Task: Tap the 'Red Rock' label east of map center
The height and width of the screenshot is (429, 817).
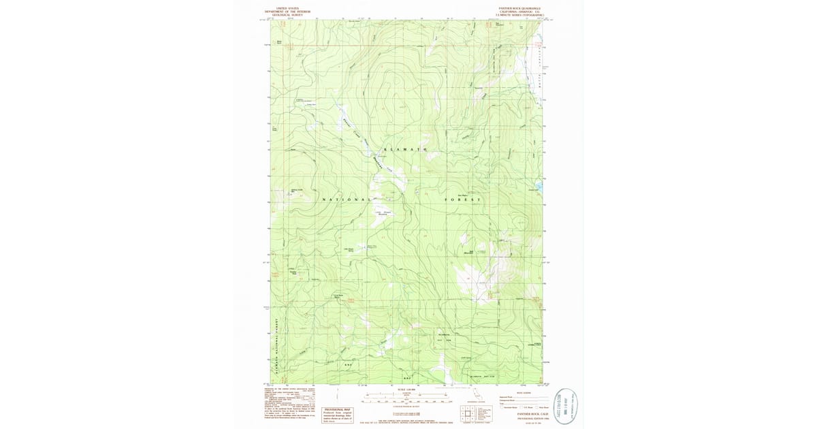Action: coord(462,195)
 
